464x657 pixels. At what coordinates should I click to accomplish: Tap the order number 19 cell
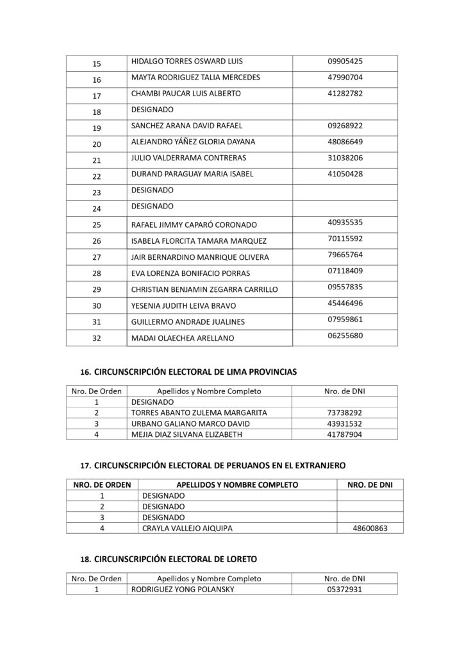click(97, 128)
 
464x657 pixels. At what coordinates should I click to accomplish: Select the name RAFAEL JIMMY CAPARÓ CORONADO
click(194, 225)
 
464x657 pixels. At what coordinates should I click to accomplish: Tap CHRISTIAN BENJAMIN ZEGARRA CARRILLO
click(204, 289)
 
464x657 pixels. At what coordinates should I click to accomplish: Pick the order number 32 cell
click(97, 338)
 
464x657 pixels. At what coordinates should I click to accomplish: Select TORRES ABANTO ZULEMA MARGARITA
click(199, 413)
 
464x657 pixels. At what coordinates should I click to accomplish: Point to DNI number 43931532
click(345, 423)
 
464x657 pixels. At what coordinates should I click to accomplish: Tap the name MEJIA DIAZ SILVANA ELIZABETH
click(193, 435)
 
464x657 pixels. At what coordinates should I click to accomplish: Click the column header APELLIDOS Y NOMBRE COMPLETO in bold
click(237, 485)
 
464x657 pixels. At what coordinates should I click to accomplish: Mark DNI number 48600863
click(369, 529)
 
